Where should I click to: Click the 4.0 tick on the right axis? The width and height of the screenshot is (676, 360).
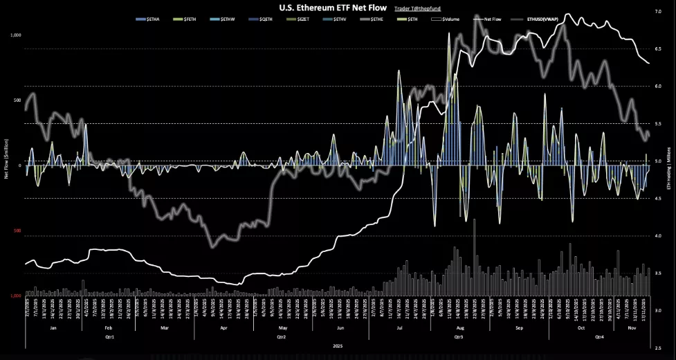[658, 236]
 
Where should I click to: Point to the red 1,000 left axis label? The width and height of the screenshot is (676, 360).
[15, 296]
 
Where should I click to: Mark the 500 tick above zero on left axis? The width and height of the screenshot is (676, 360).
[17, 100]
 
